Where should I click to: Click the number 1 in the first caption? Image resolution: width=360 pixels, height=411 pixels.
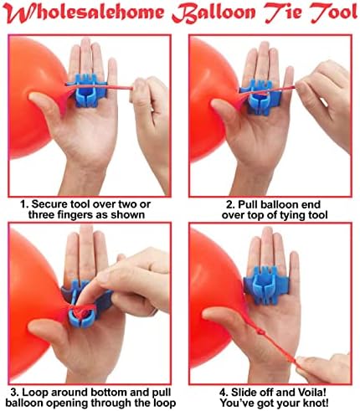coord(24,201)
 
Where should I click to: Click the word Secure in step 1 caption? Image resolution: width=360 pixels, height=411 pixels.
coord(50,201)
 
